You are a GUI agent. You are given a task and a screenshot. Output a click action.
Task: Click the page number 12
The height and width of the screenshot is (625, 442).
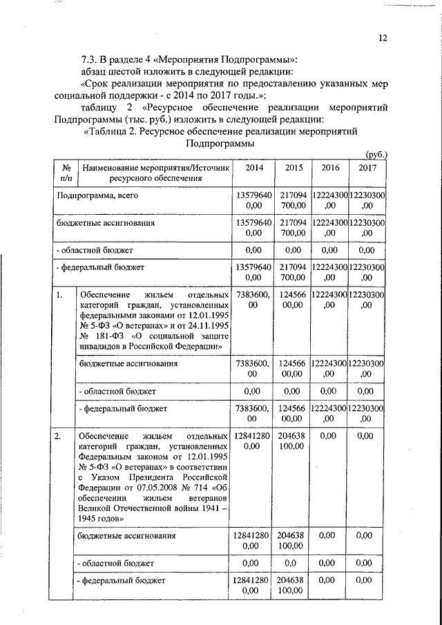click(x=383, y=39)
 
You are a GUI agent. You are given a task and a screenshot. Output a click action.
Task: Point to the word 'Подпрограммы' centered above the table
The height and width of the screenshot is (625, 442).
click(x=217, y=144)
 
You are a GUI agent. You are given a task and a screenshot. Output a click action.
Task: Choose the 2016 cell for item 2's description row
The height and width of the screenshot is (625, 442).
click(x=329, y=436)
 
